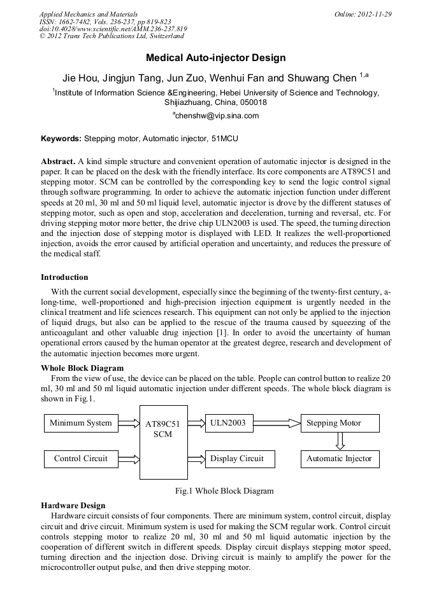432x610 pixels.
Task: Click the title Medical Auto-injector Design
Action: coord(215,58)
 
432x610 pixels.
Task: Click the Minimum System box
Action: coord(81,423)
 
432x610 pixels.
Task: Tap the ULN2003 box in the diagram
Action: coord(229,423)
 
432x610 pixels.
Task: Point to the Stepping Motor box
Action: coord(340,423)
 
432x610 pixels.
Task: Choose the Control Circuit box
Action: coord(81,459)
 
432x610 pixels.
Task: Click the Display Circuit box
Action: coord(237,459)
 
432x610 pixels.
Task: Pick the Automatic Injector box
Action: coord(340,459)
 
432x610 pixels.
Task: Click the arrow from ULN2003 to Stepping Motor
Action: coord(277,423)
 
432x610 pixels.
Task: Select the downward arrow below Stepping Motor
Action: coord(340,441)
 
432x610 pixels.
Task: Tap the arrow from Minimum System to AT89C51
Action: coord(129,423)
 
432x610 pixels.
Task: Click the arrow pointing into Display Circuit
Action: coord(196,459)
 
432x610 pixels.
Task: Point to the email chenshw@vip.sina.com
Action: coord(215,116)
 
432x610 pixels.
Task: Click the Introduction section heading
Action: coord(64,277)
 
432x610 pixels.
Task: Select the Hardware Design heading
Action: coord(73,505)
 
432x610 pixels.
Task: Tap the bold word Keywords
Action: coord(61,138)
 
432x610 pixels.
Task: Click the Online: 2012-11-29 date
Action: coord(363,14)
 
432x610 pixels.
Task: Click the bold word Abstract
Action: coord(58,162)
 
